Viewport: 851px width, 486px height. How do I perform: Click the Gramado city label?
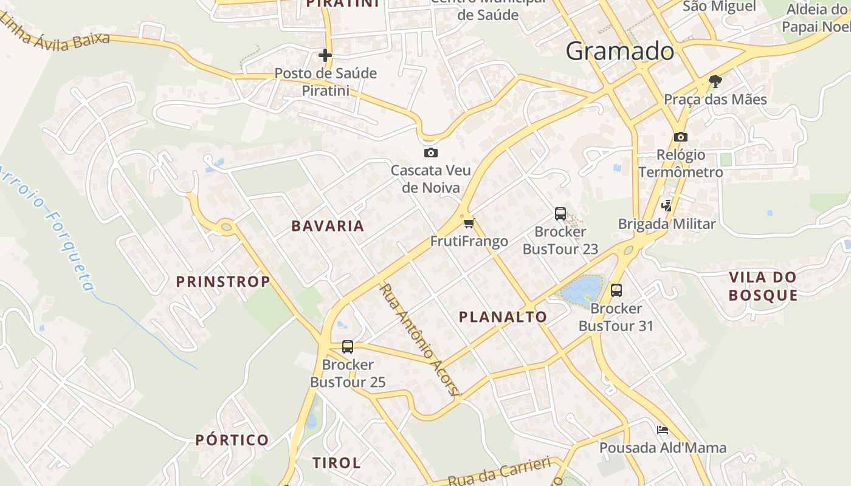click(619, 52)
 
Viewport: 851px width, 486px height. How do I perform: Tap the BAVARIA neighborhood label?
click(328, 226)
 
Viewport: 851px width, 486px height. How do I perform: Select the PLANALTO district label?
click(503, 317)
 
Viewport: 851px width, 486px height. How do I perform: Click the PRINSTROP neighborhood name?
click(222, 281)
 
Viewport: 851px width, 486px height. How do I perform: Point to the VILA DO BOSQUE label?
click(762, 286)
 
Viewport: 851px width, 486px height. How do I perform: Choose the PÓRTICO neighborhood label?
click(232, 440)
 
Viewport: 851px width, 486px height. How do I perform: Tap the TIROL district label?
click(336, 462)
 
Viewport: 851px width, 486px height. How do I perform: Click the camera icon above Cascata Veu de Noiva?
click(430, 152)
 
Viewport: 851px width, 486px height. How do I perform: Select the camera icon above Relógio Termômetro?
click(680, 137)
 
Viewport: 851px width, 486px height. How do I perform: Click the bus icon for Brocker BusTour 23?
click(560, 214)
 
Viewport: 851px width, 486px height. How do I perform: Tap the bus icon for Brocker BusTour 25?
click(348, 347)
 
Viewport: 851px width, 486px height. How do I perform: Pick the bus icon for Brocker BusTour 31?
click(616, 290)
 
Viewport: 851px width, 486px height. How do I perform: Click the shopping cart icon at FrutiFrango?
click(469, 223)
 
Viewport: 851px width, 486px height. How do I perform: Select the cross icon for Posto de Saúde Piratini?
click(325, 55)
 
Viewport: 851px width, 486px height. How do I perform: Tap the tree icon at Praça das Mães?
click(715, 81)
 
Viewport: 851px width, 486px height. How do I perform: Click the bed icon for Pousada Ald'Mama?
click(663, 430)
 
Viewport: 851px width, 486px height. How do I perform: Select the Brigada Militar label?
click(667, 224)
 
